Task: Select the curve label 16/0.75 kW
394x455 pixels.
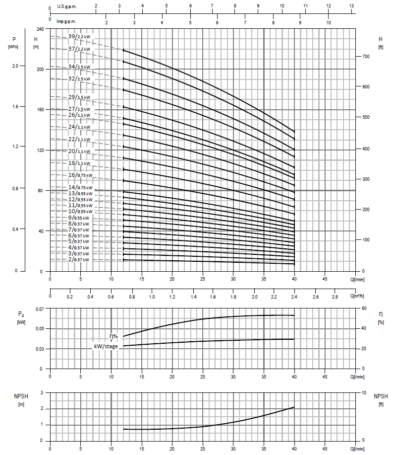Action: pyautogui.click(x=79, y=175)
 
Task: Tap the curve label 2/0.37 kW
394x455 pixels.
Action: pyautogui.click(x=79, y=260)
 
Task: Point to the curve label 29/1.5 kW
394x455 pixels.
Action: pyautogui.click(x=79, y=97)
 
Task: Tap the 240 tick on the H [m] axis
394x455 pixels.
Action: pyautogui.click(x=41, y=29)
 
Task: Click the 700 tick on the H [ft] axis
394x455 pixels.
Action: pyautogui.click(x=367, y=57)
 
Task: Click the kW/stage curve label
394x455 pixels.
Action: pyautogui.click(x=106, y=346)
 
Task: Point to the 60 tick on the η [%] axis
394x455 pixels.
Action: pyautogui.click(x=364, y=309)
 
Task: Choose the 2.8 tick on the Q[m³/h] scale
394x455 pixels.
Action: pyautogui.click(x=335, y=296)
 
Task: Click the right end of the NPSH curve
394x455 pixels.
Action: pyautogui.click(x=294, y=407)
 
